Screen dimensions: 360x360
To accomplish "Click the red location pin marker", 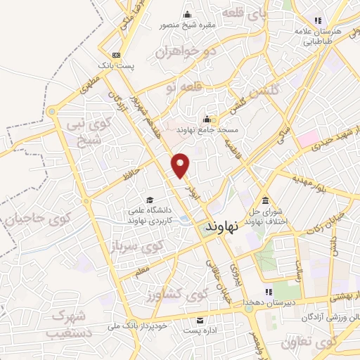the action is pyautogui.click(x=181, y=165).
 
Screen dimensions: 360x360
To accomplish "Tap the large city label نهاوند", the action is pyautogui.click(x=222, y=226).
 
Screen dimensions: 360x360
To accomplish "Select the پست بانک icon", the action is pyautogui.click(x=116, y=55).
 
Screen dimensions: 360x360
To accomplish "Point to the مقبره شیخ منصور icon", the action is pyautogui.click(x=187, y=15).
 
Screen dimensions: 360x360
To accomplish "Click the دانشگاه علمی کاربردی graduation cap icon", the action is pyautogui.click(x=148, y=200).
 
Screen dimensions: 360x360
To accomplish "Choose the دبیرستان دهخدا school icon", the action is pyautogui.click(x=268, y=292).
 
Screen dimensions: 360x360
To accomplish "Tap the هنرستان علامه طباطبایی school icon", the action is pyautogui.click(x=318, y=21).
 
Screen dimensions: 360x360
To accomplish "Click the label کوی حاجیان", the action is pyautogui.click(x=32, y=218).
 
